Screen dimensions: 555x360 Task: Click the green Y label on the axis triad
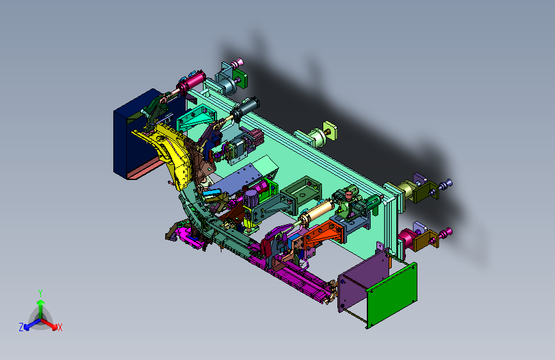40,293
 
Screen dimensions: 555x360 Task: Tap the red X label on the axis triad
60,327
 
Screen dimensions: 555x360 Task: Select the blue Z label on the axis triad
21,327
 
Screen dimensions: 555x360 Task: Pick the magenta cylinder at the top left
192,82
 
